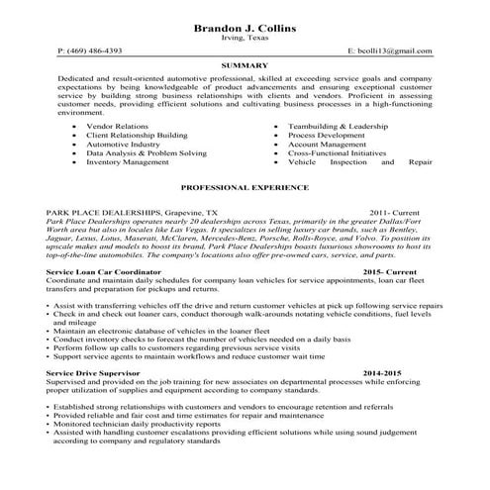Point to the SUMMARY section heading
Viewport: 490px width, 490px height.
(245, 65)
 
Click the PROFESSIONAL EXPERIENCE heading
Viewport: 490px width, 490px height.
(245, 186)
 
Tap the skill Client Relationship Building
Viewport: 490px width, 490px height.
(138, 137)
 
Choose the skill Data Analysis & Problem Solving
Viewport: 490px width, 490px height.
(147, 154)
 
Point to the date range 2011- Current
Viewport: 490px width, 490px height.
(400, 212)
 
